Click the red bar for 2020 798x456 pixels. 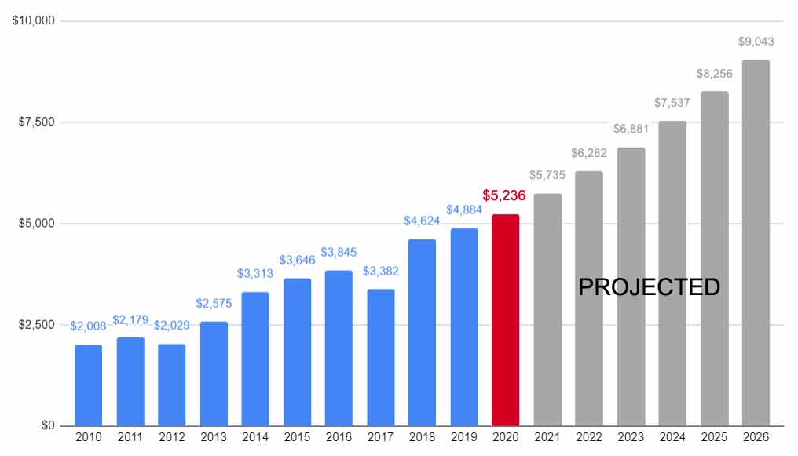[505, 320]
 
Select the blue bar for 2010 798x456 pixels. [88, 385]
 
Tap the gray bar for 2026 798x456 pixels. [756, 243]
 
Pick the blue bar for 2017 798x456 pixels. [380, 357]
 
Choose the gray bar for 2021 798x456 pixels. [547, 310]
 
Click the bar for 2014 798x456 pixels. [255, 359]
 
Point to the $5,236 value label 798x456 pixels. [503, 195]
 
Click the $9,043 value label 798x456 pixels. [755, 42]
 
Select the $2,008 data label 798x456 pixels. [88, 326]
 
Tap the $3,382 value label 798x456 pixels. [380, 271]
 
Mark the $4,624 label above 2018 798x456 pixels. [422, 221]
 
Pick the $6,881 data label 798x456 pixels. [631, 129]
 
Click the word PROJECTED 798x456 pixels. [649, 287]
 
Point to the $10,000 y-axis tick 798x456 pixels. [33, 20]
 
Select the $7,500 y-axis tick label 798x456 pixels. [36, 122]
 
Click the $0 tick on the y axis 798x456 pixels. [48, 426]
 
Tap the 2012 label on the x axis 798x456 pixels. [171, 437]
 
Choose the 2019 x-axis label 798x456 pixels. [463, 437]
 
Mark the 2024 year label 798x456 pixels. [672, 437]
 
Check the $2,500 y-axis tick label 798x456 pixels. [36, 325]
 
